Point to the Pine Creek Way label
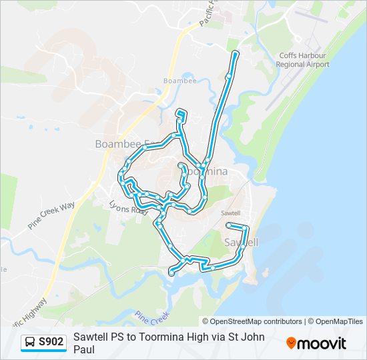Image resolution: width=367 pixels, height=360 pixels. tap(51, 216)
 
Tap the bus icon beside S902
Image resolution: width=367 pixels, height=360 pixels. tap(30, 343)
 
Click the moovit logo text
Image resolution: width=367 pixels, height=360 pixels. tap(322, 343)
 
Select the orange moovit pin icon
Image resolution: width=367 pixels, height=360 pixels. tap(291, 343)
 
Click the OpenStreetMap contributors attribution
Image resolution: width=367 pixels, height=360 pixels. tap(252, 321)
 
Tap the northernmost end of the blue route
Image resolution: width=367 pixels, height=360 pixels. tap(235, 51)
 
